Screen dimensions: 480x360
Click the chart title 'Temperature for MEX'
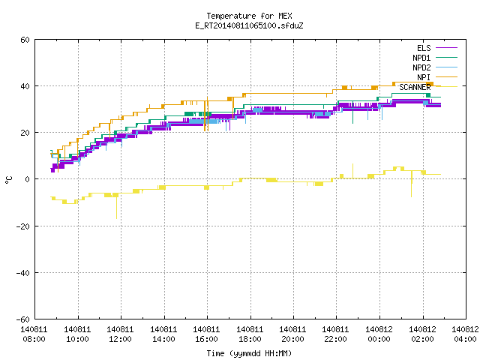[249, 16]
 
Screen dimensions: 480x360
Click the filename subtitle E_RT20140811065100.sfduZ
[249, 25]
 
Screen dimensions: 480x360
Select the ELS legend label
[424, 48]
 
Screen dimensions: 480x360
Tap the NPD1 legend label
[421, 58]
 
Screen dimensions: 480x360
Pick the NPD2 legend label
[421, 67]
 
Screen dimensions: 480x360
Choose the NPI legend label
[424, 77]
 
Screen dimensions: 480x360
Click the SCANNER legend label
[415, 87]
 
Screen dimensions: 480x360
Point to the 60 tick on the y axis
[25, 40]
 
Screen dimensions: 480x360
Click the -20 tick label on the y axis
[23, 226]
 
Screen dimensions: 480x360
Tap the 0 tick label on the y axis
[27, 179]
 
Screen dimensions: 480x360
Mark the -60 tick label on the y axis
[23, 319]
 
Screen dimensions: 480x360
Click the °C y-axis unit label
[8, 180]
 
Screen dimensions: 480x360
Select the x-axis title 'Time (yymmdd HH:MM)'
[249, 353]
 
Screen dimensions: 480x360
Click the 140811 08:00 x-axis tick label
[34, 334]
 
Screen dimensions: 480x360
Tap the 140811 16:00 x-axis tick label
[207, 334]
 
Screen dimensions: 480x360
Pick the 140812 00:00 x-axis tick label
[379, 334]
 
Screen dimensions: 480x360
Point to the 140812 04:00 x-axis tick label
[465, 334]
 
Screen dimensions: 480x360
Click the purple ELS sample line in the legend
[447, 48]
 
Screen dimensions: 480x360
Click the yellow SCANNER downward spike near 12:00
[117, 208]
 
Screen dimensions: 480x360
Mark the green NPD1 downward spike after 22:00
[353, 112]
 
